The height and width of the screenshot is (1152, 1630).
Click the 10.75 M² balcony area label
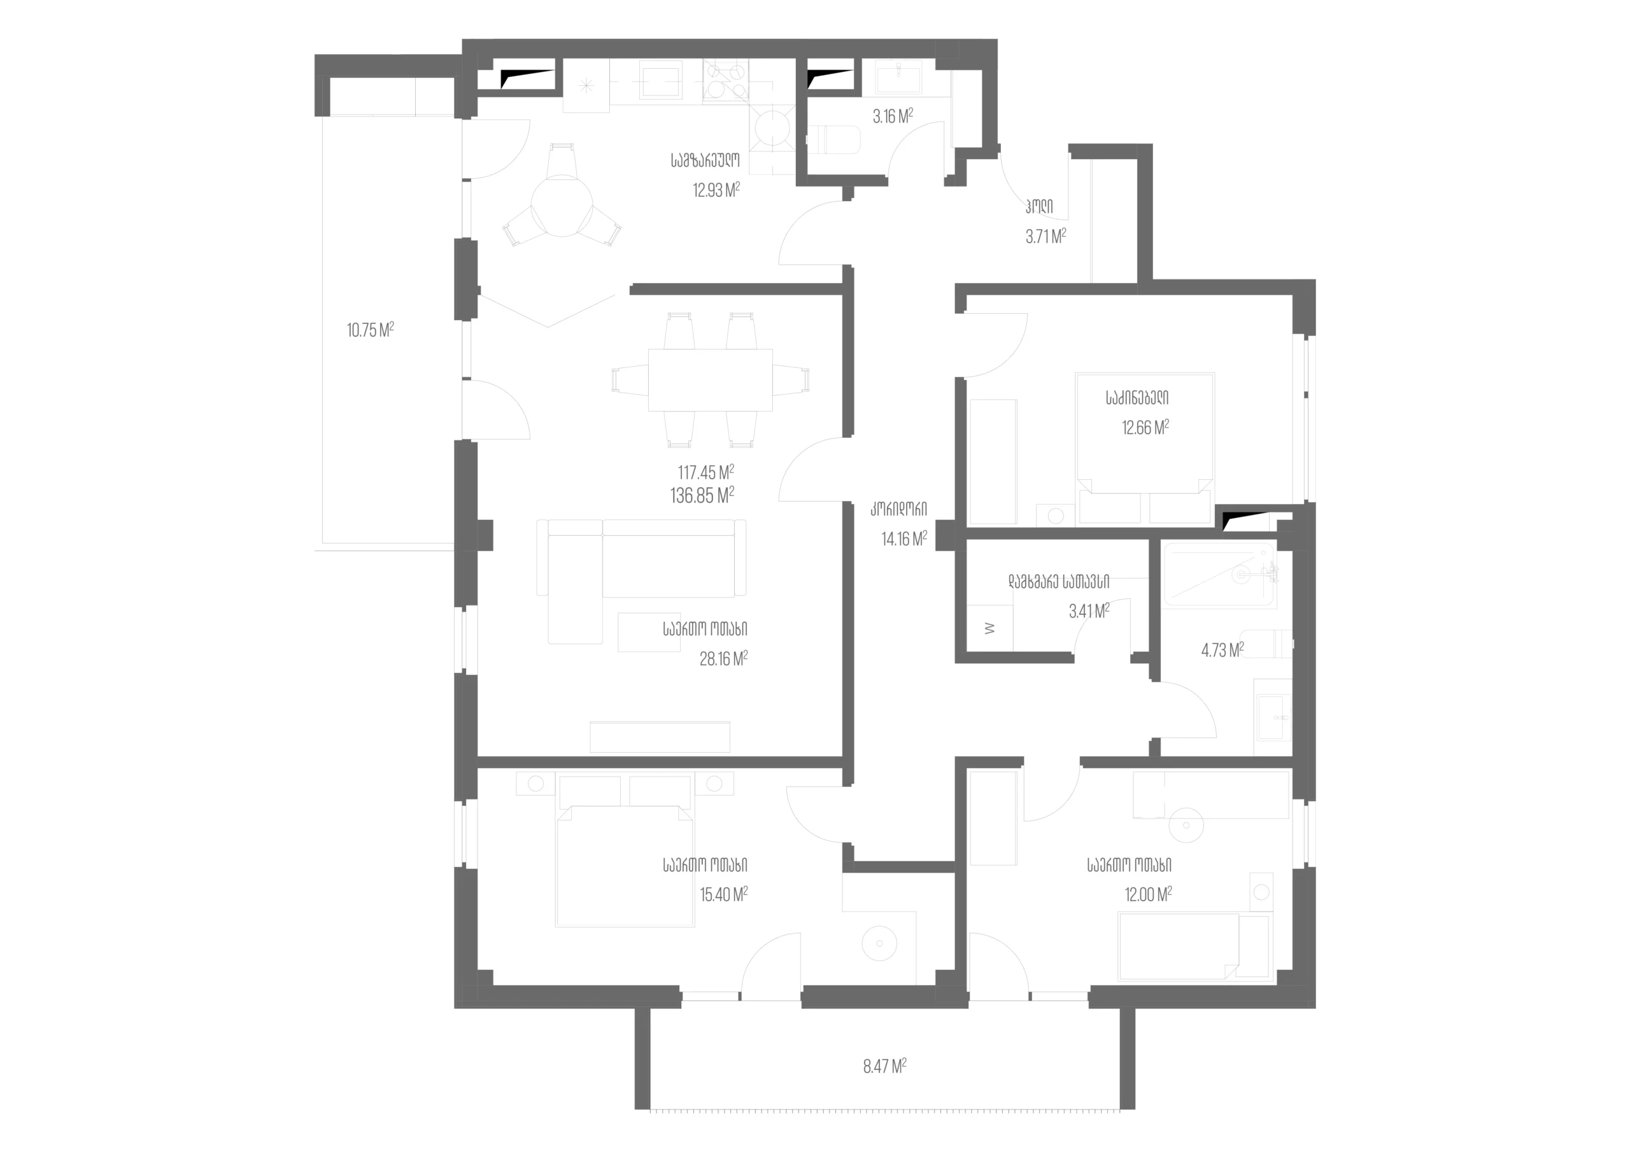point(370,330)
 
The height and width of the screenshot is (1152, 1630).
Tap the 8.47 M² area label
point(884,1066)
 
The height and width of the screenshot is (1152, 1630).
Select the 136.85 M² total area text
point(702,495)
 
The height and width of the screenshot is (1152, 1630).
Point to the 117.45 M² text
point(705,472)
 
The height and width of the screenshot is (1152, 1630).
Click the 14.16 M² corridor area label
point(904,538)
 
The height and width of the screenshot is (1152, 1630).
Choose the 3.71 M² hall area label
point(1045,236)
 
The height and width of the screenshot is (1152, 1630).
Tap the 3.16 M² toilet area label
point(893,116)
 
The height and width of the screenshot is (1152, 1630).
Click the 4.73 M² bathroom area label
point(1222,650)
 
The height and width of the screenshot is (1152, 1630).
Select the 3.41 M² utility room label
point(1089,610)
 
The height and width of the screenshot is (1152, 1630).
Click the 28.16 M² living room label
point(723,659)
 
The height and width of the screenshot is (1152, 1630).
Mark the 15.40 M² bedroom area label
point(723,894)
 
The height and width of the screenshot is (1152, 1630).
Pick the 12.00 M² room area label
point(1148,894)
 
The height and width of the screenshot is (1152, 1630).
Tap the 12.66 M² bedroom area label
point(1145,427)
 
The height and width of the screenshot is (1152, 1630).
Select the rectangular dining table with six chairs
point(710,380)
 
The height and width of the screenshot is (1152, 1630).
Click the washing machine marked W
point(990,628)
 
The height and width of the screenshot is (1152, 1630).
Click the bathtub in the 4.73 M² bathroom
point(1218,575)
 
